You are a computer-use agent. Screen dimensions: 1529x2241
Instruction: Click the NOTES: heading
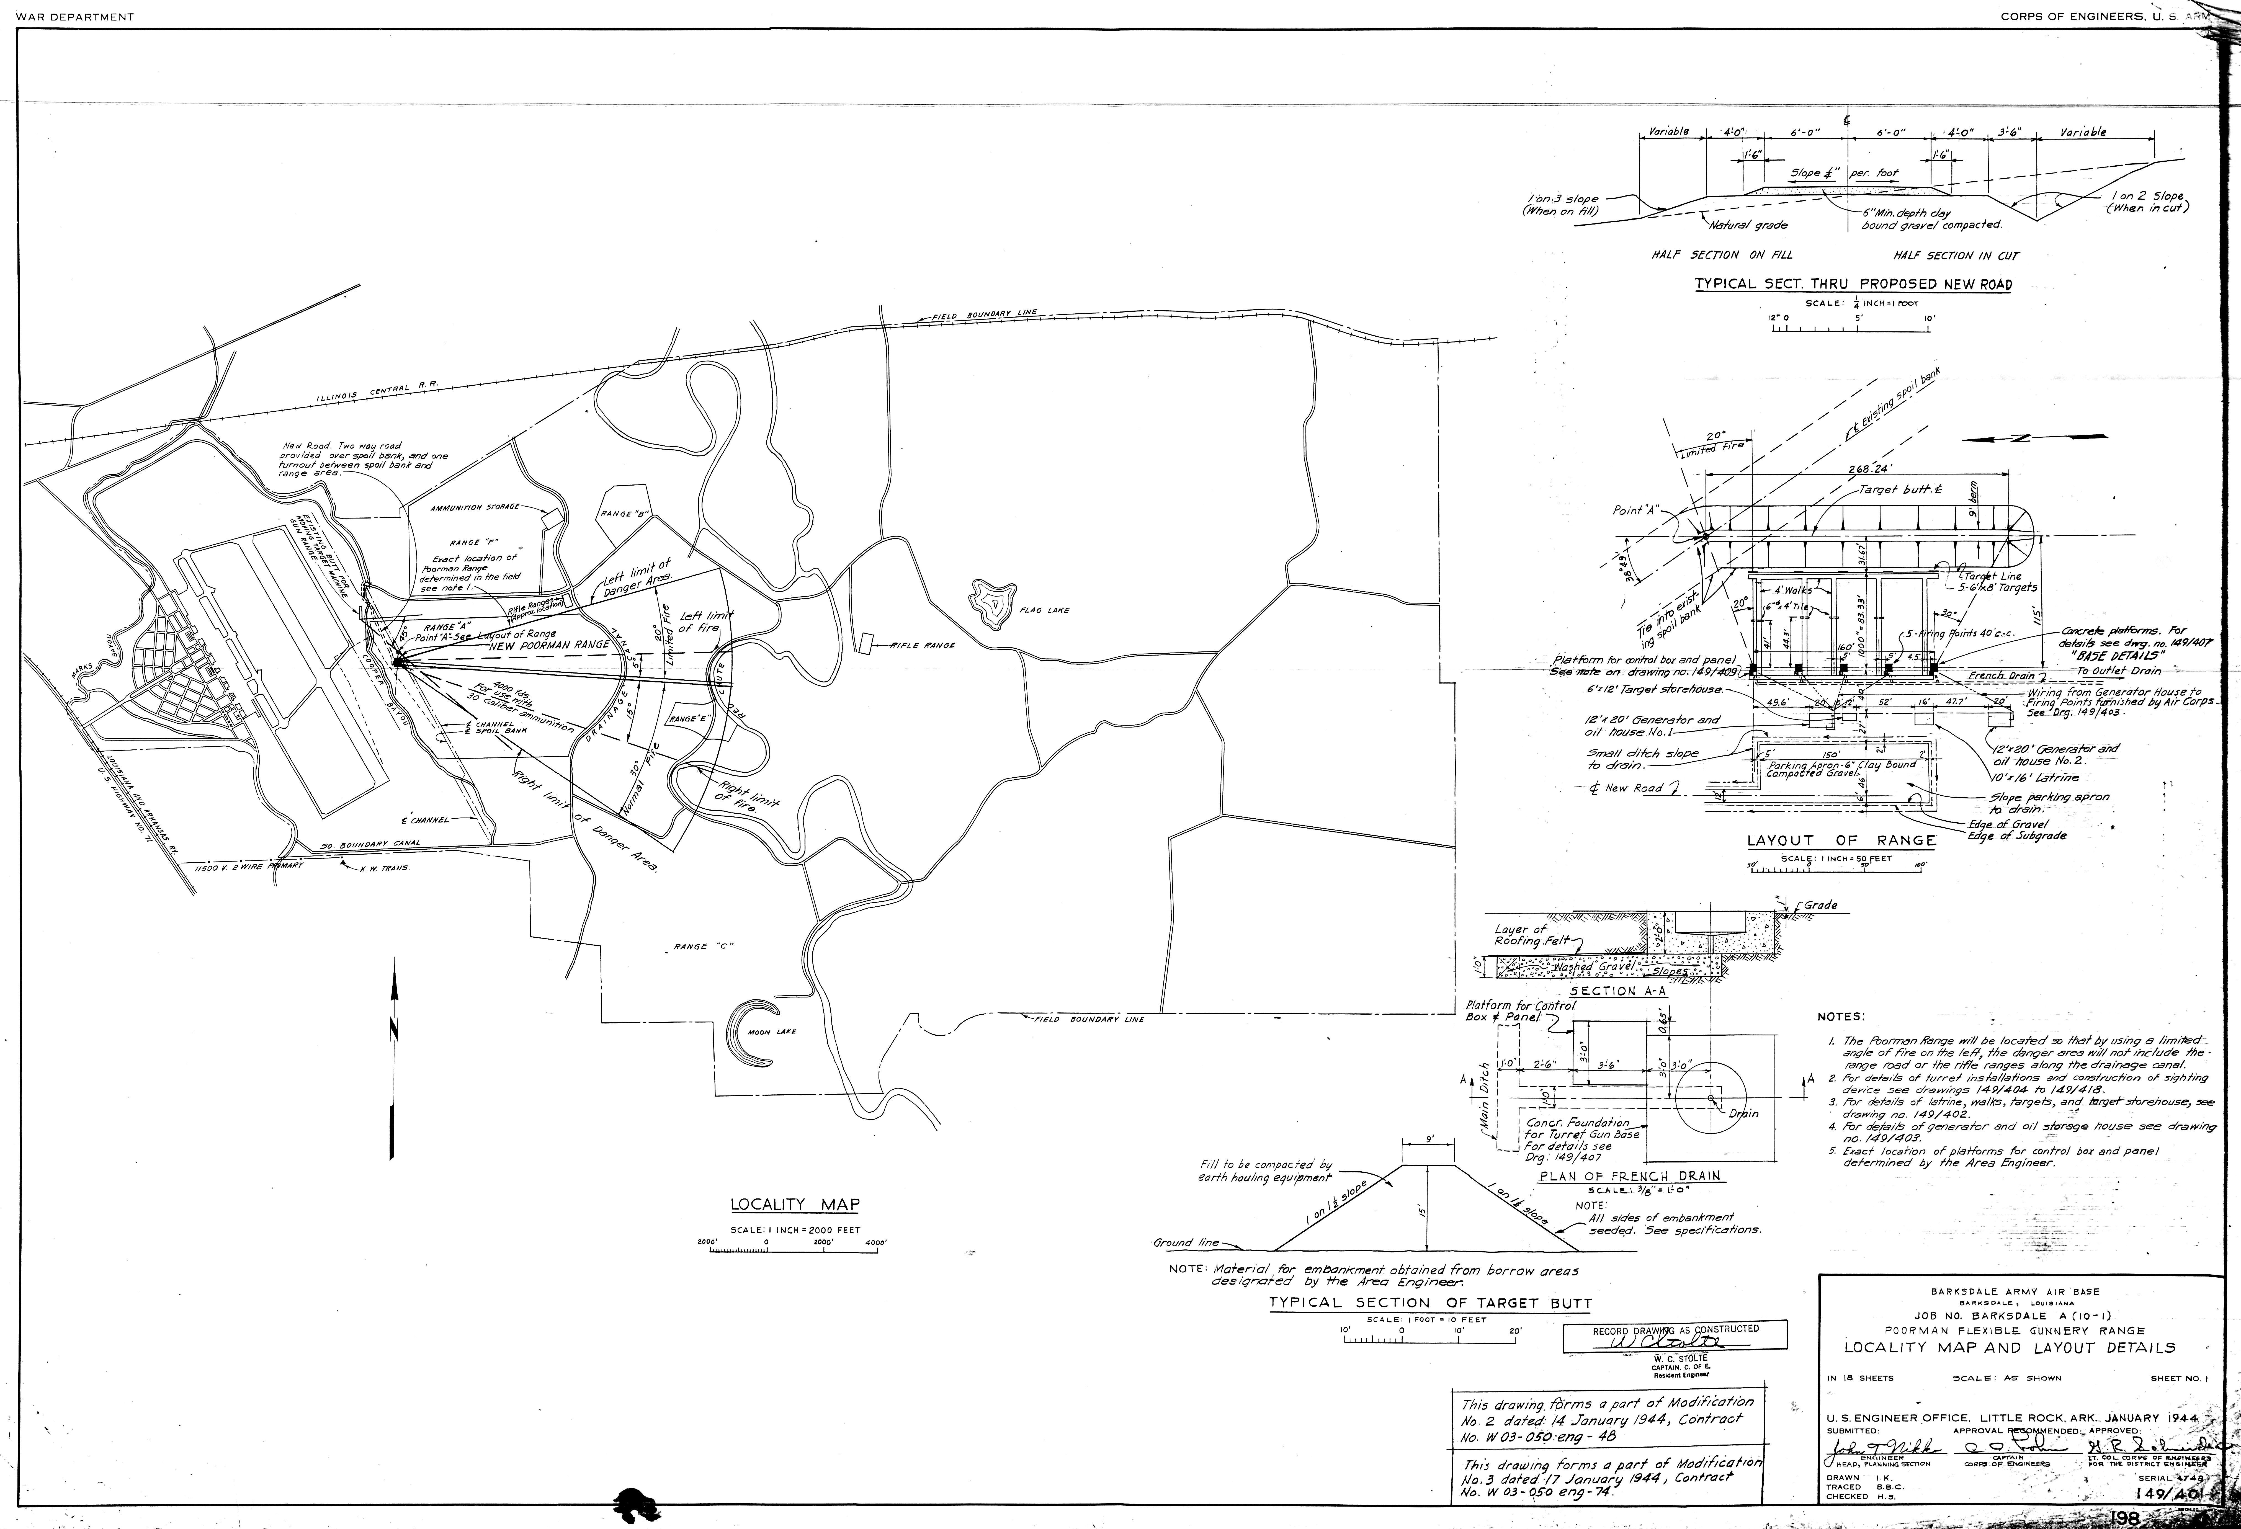pos(1841,1016)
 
